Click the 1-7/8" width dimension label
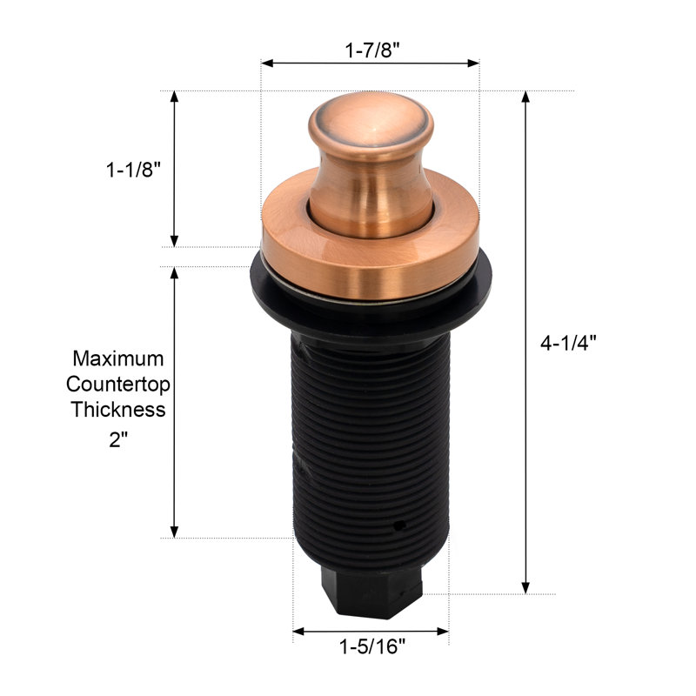click(x=372, y=50)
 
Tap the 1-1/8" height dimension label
click(x=133, y=170)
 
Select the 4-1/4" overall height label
click(x=568, y=343)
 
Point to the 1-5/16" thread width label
click(x=372, y=646)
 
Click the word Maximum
click(x=118, y=358)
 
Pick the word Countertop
click(x=118, y=385)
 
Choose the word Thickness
click(x=118, y=409)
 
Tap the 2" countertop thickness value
click(x=118, y=440)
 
